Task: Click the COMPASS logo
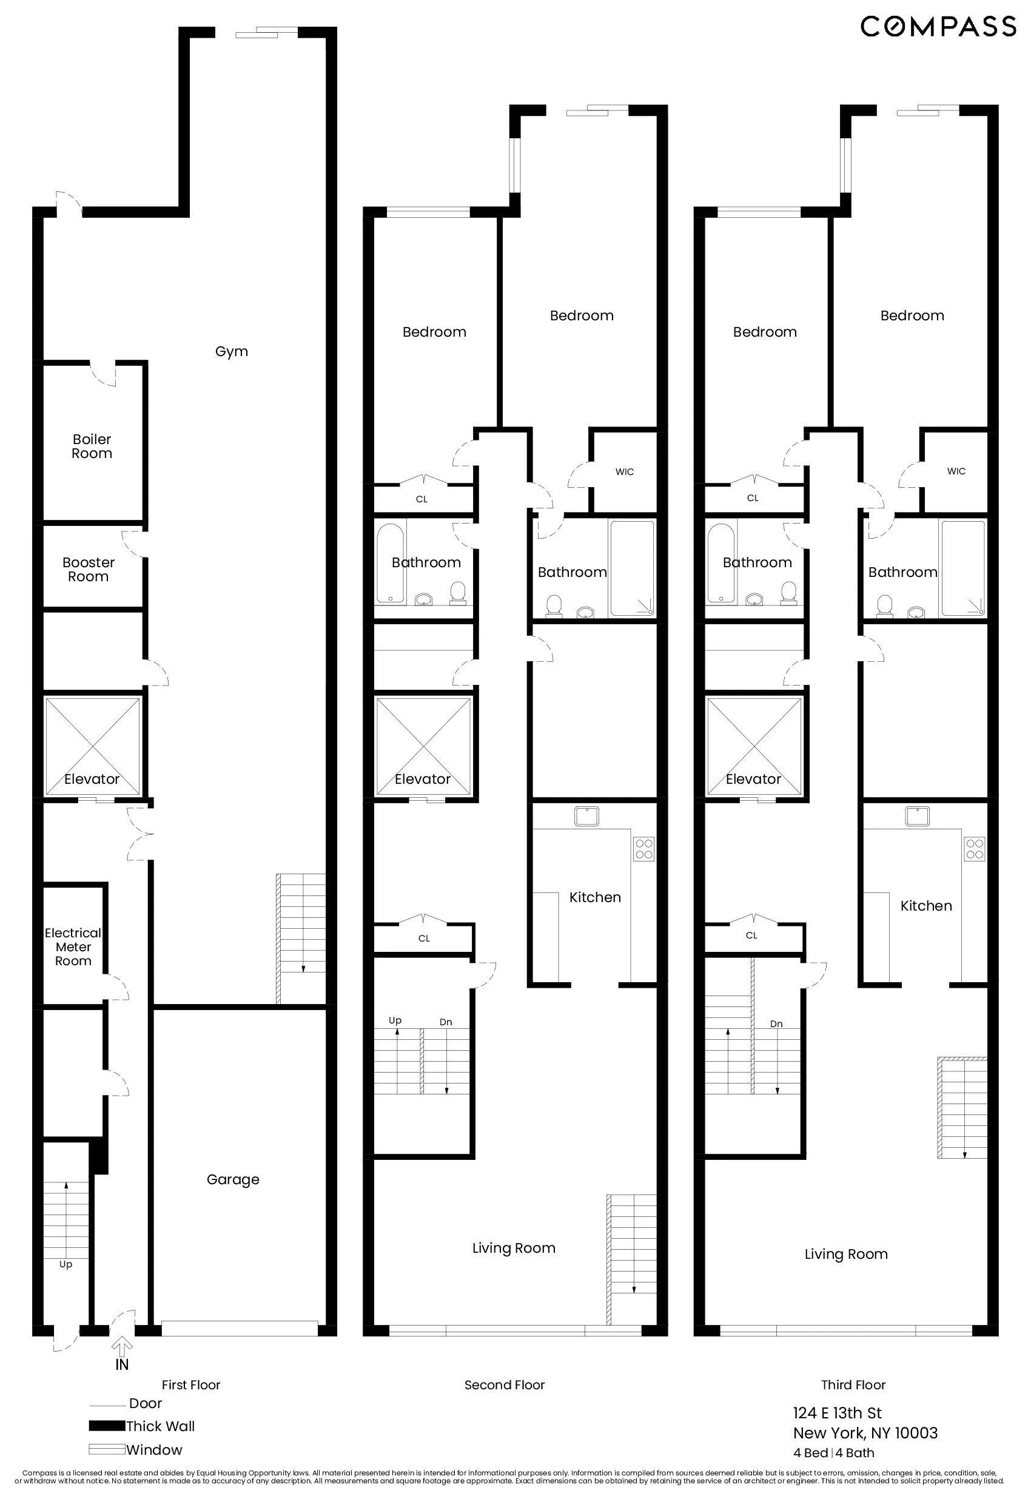pyautogui.click(x=938, y=27)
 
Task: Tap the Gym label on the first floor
pyautogui.click(x=231, y=351)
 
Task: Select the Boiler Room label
pyautogui.click(x=92, y=447)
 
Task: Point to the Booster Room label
pyautogui.click(x=89, y=570)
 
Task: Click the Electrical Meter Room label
pyautogui.click(x=73, y=946)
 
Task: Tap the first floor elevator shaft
pyautogui.click(x=92, y=746)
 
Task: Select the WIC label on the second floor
pyautogui.click(x=624, y=471)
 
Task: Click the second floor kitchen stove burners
pyautogui.click(x=643, y=849)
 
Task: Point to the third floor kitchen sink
pyautogui.click(x=916, y=816)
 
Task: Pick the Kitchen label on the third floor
pyautogui.click(x=925, y=906)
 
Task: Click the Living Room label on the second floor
pyautogui.click(x=514, y=1248)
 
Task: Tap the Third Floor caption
pyautogui.click(x=853, y=1384)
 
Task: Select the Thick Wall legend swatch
pyautogui.click(x=107, y=1426)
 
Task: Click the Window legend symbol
pyautogui.click(x=107, y=1450)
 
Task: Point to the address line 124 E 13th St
pyautogui.click(x=837, y=1413)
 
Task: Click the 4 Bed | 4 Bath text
pyautogui.click(x=833, y=1453)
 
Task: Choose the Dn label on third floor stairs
pyautogui.click(x=776, y=1023)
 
